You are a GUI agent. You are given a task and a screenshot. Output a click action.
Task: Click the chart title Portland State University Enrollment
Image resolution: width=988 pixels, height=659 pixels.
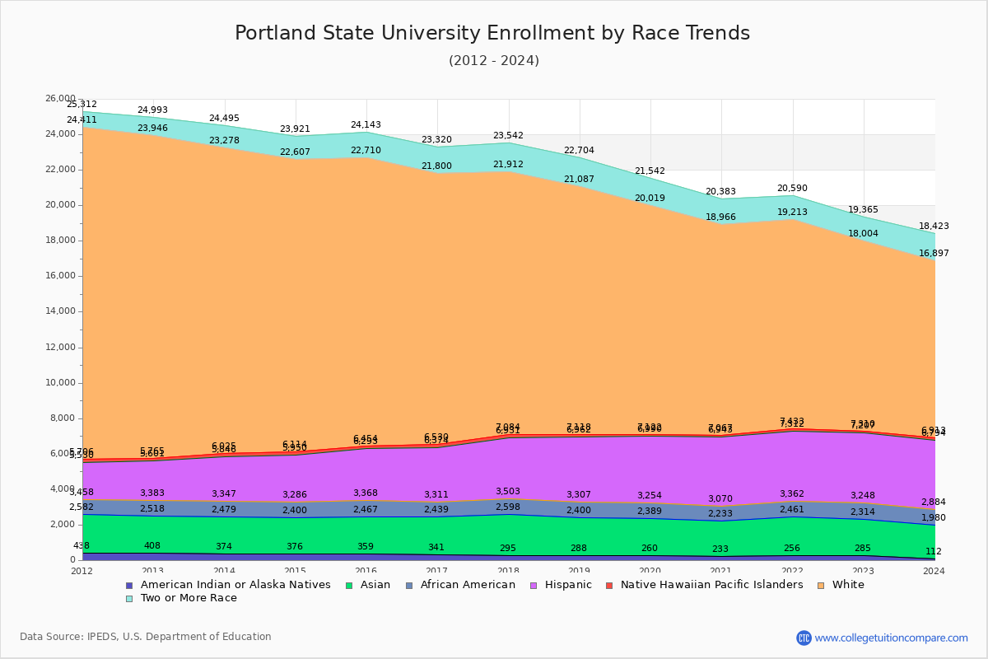(x=492, y=34)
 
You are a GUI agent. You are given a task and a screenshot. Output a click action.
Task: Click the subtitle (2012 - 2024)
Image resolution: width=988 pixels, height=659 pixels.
(x=494, y=61)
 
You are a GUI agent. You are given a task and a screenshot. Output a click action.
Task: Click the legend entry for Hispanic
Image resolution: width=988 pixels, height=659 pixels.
(x=562, y=585)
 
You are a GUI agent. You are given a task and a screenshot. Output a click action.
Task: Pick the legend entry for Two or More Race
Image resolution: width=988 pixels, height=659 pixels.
(x=189, y=598)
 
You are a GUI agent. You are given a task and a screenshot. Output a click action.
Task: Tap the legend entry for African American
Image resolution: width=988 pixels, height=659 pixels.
(x=468, y=585)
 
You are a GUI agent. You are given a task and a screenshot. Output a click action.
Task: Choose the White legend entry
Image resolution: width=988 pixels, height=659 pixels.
(x=848, y=585)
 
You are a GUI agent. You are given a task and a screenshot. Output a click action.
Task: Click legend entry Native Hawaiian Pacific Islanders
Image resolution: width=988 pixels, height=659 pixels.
(x=711, y=585)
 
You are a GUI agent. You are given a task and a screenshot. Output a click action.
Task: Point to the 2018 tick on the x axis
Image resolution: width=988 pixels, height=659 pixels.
(x=509, y=571)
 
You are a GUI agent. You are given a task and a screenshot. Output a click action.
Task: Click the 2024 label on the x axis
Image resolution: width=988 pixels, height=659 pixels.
(x=934, y=571)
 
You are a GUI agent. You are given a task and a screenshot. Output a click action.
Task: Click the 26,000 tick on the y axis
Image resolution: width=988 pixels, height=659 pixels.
(x=60, y=99)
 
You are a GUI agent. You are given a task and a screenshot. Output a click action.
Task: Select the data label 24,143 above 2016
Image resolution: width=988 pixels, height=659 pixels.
(x=366, y=125)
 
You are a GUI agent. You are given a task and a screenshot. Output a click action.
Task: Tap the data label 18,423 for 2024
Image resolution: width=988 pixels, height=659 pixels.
(x=934, y=226)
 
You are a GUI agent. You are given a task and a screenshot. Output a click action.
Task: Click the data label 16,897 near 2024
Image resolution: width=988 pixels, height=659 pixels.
(x=934, y=253)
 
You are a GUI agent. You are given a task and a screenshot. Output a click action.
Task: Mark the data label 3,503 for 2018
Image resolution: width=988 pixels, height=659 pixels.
(x=508, y=491)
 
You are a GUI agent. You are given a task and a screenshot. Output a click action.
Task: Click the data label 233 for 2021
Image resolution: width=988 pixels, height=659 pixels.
(x=720, y=549)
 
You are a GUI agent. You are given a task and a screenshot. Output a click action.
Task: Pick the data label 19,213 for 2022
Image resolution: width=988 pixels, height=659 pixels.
(x=791, y=212)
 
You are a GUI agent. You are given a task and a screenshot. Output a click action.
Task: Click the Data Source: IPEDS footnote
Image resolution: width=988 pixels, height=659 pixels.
(x=146, y=637)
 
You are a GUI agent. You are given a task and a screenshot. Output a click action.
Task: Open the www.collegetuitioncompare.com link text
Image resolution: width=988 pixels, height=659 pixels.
(x=891, y=638)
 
